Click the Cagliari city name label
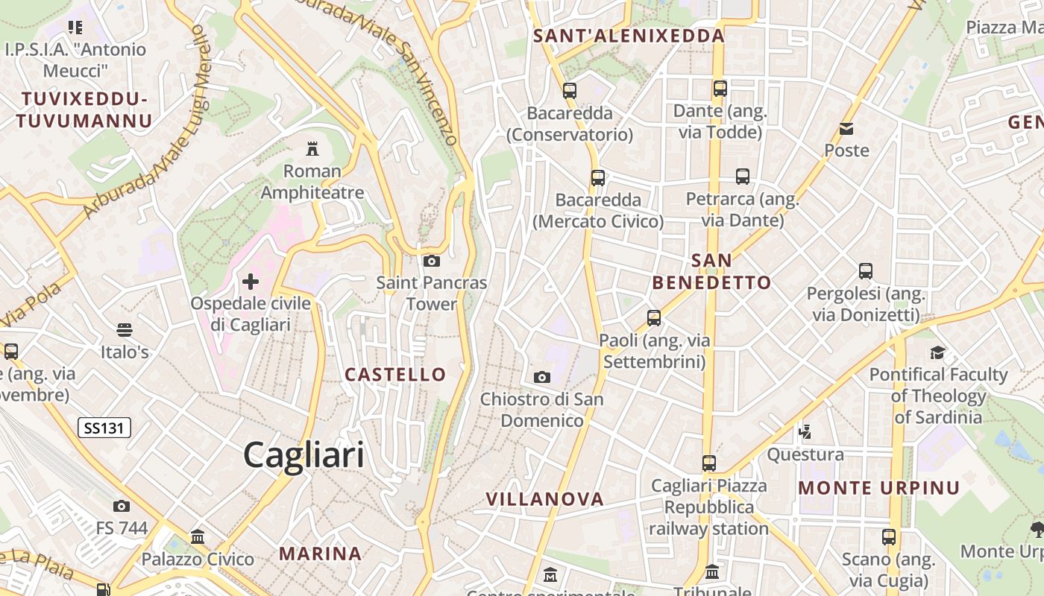304,455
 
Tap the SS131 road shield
104,428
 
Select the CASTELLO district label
395,374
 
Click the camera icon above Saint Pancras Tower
432,261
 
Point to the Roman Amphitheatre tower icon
312,148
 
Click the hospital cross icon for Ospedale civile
251,281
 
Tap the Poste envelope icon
846,129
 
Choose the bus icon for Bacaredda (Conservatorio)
570,91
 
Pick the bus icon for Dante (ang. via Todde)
720,89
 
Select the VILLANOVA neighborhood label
544,499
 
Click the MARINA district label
321,554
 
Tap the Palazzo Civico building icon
198,536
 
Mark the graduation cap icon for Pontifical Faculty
937,352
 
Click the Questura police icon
805,431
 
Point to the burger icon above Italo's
125,329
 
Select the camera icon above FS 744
122,507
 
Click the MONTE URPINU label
879,488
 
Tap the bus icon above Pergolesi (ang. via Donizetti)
865,271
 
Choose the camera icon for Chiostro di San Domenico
542,377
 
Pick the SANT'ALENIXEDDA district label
629,36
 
